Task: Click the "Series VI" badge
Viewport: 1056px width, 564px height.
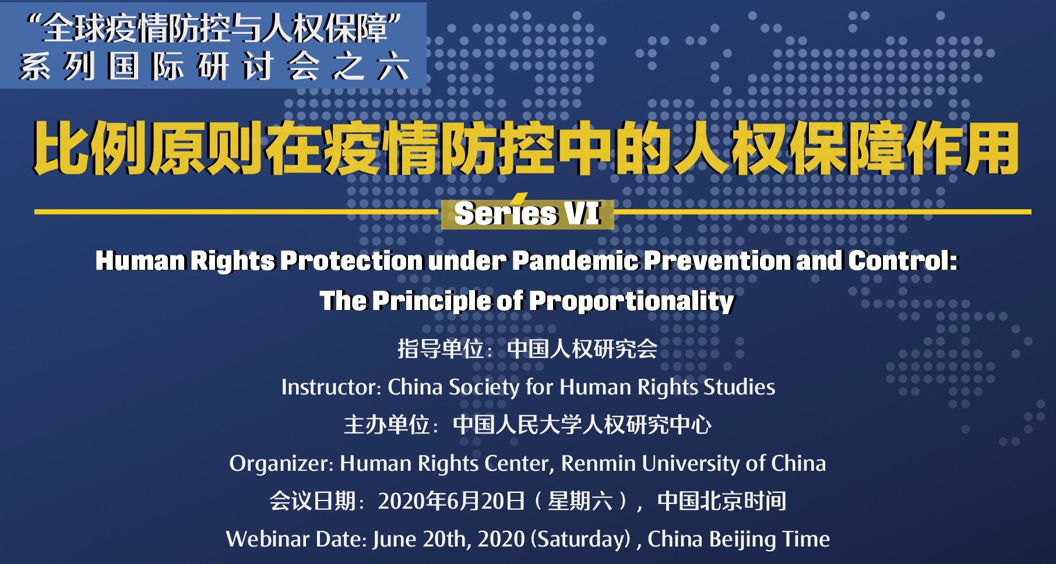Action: point(527,213)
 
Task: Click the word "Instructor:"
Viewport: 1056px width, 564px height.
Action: point(330,387)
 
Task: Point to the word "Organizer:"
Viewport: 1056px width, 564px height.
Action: point(281,463)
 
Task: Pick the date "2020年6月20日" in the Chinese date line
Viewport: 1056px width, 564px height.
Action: point(452,501)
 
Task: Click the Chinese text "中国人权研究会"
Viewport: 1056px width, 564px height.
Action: point(582,349)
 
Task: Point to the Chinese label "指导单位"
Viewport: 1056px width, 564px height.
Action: point(441,349)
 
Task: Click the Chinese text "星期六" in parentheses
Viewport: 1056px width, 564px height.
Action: point(580,501)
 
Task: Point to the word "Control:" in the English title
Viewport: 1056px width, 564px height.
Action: point(903,260)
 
